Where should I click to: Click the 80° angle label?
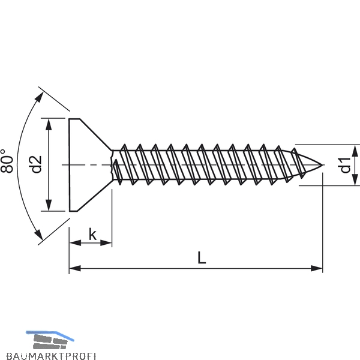coord(7,161)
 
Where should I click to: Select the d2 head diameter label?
coord(36,164)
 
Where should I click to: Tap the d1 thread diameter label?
coord(346,165)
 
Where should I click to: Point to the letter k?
coord(93,235)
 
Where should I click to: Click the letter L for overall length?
coord(202,257)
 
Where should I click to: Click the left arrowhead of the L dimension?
coord(75,268)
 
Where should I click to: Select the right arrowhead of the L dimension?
coord(317,268)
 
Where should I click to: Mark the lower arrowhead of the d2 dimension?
coord(49,205)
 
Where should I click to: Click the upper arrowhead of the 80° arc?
coord(40,97)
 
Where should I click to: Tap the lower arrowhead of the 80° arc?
coord(39,234)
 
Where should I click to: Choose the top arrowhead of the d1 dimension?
coord(355,151)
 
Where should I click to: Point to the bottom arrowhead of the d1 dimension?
coord(355,179)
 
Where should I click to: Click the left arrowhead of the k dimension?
coord(76,242)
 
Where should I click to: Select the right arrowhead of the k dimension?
coord(106,242)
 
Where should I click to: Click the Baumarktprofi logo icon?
coord(50,340)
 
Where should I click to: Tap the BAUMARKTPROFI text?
coord(51,356)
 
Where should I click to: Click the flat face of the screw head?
coord(70,165)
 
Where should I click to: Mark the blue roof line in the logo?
coord(50,334)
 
